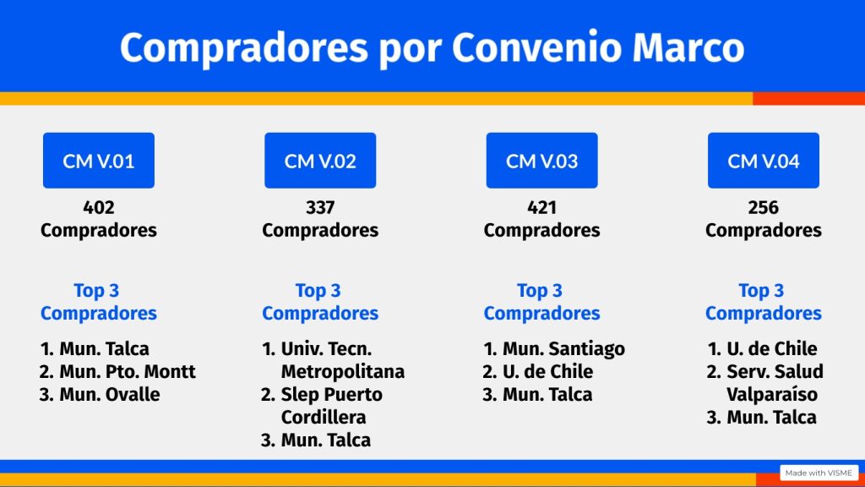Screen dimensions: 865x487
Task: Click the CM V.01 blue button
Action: pos(99,160)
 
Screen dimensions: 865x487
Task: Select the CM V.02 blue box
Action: pos(320,160)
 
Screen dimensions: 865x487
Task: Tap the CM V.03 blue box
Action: pos(541,160)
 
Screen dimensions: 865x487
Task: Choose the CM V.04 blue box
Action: pos(764,160)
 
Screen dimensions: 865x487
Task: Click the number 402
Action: pos(99,208)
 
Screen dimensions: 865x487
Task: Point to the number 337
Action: pos(320,208)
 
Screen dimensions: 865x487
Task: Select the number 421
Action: pos(541,208)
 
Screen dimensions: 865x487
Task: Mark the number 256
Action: pos(764,208)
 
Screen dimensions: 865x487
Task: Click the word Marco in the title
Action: pos(688,47)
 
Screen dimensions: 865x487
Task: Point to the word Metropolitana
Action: pos(343,372)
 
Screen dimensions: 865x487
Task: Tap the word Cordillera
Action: pos(324,417)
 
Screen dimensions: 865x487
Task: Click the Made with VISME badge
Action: pos(819,473)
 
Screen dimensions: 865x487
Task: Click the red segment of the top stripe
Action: pos(808,99)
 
